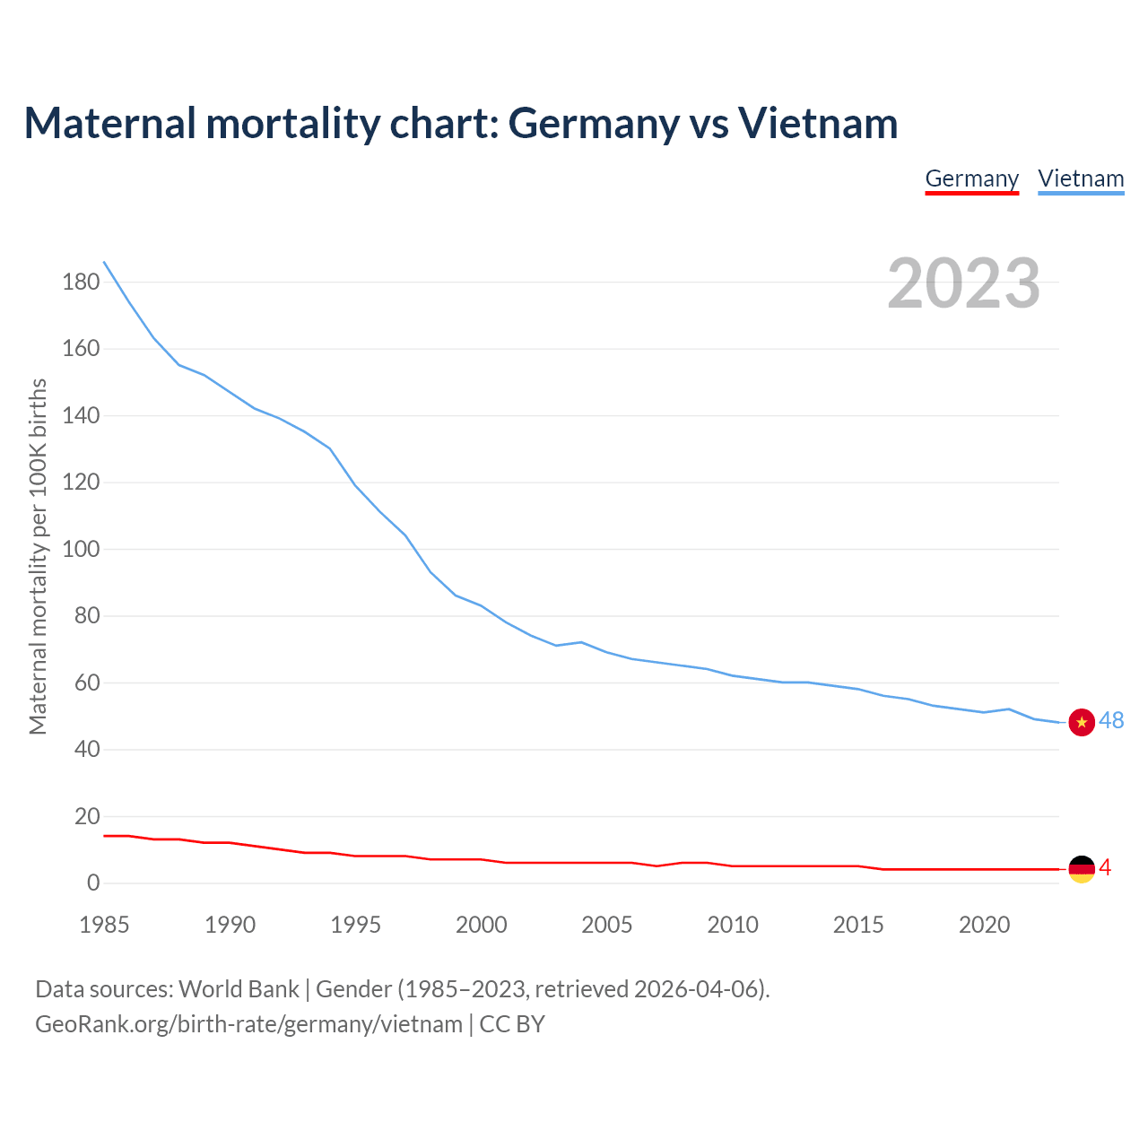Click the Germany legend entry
[971, 178]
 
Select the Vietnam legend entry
[1081, 178]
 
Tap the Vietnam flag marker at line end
[1082, 722]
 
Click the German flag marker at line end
[1082, 868]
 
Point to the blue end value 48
[1111, 721]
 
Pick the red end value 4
[1105, 868]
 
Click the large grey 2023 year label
[964, 283]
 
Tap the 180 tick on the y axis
[81, 283]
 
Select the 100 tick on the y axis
[81, 549]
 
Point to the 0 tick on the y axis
[93, 883]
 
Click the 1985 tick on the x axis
[104, 925]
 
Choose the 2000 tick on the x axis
[482, 925]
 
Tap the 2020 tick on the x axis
[985, 925]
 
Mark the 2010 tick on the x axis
[733, 925]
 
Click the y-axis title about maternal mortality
[38, 556]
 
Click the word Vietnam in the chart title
[818, 124]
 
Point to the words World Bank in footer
[239, 989]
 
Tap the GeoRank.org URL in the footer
[248, 1024]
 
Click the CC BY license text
[512, 1024]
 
